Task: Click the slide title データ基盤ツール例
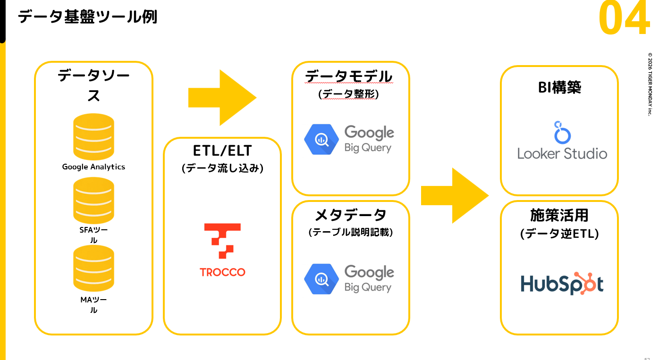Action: pyautogui.click(x=87, y=17)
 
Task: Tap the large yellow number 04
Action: pyautogui.click(x=624, y=17)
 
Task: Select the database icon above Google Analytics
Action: pyautogui.click(x=93, y=137)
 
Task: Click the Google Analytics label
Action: pyautogui.click(x=93, y=167)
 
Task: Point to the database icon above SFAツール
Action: pyautogui.click(x=93, y=201)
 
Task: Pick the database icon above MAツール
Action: pyautogui.click(x=93, y=268)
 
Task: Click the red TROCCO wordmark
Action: pyautogui.click(x=222, y=272)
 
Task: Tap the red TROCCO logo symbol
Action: pyautogui.click(x=222, y=241)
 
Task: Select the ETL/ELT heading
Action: pyautogui.click(x=222, y=151)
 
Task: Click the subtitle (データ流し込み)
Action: pyautogui.click(x=222, y=168)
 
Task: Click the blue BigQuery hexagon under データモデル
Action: pyautogui.click(x=321, y=139)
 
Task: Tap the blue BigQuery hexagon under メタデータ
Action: pyautogui.click(x=321, y=279)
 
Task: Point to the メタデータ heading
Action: pyautogui.click(x=351, y=215)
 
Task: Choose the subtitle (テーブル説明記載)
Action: pyautogui.click(x=351, y=232)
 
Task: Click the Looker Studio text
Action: pyautogui.click(x=562, y=154)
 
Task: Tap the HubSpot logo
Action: pyautogui.click(x=562, y=284)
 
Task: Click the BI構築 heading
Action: pyautogui.click(x=559, y=87)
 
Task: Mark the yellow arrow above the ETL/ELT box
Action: pyautogui.click(x=222, y=98)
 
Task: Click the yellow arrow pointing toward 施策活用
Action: pyautogui.click(x=455, y=196)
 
